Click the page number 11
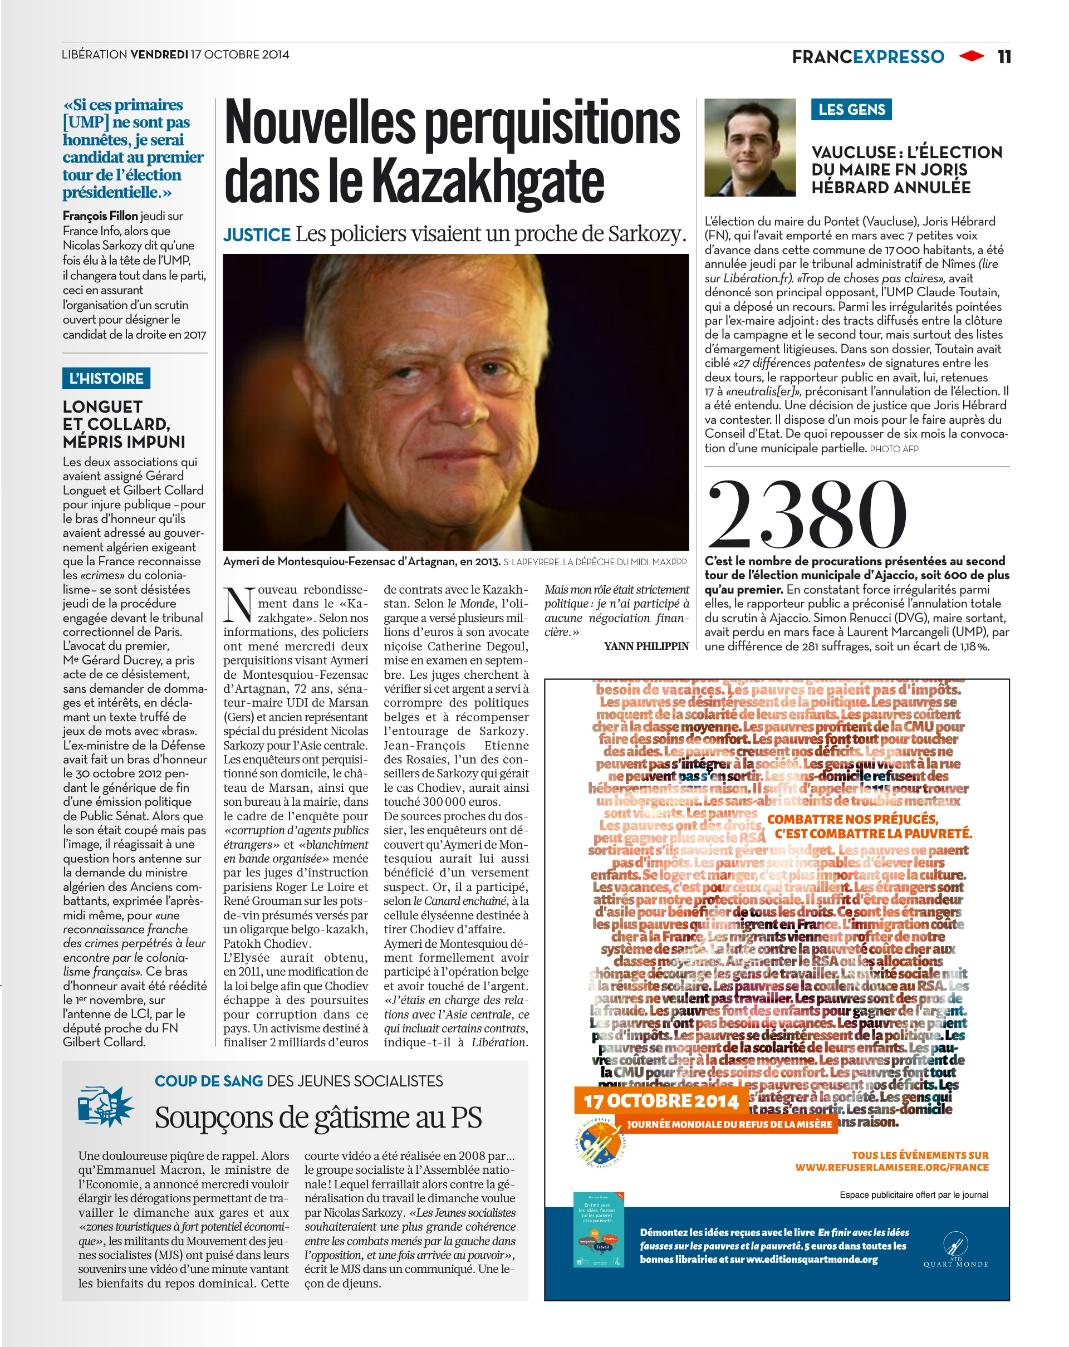[x=1003, y=57]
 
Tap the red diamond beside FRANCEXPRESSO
[x=971, y=56]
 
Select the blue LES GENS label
[x=851, y=109]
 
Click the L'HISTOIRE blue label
[x=106, y=378]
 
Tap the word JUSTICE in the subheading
[x=257, y=235]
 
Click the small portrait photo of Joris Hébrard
[x=750, y=148]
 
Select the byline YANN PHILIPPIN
[x=646, y=646]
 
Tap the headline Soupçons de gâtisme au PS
[x=318, y=1118]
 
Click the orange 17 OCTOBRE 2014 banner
[x=661, y=1101]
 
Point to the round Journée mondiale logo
[x=599, y=1142]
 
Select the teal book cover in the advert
[x=599, y=1230]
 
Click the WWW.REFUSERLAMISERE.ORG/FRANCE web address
[x=891, y=1167]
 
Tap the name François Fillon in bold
[x=100, y=215]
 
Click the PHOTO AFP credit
[x=894, y=449]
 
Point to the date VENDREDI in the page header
[x=159, y=55]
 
